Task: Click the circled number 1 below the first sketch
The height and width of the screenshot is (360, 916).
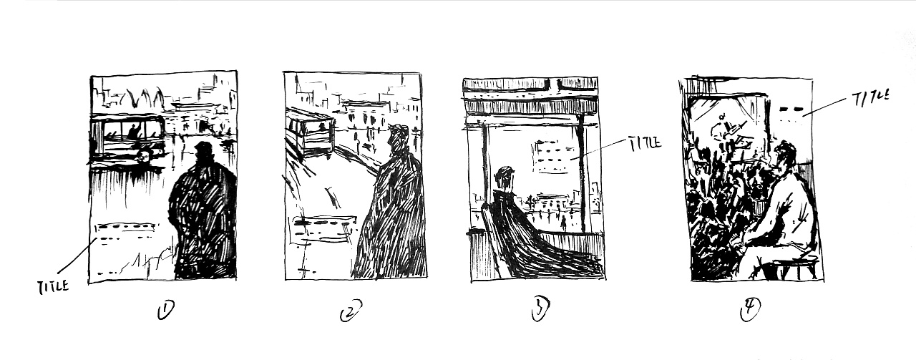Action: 165,310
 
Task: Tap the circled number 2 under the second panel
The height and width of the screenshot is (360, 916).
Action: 351,311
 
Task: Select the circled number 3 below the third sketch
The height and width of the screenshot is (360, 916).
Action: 540,310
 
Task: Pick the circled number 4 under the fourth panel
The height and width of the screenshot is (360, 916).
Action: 751,310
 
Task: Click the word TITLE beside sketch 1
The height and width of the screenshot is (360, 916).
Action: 53,286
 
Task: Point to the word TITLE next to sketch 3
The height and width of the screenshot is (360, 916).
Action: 643,143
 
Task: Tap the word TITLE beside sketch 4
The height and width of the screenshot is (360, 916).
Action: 870,98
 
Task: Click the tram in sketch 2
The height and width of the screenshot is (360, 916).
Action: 310,131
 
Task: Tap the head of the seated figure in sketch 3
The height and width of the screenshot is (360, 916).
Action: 505,178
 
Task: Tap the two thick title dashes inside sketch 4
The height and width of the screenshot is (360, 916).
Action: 791,110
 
